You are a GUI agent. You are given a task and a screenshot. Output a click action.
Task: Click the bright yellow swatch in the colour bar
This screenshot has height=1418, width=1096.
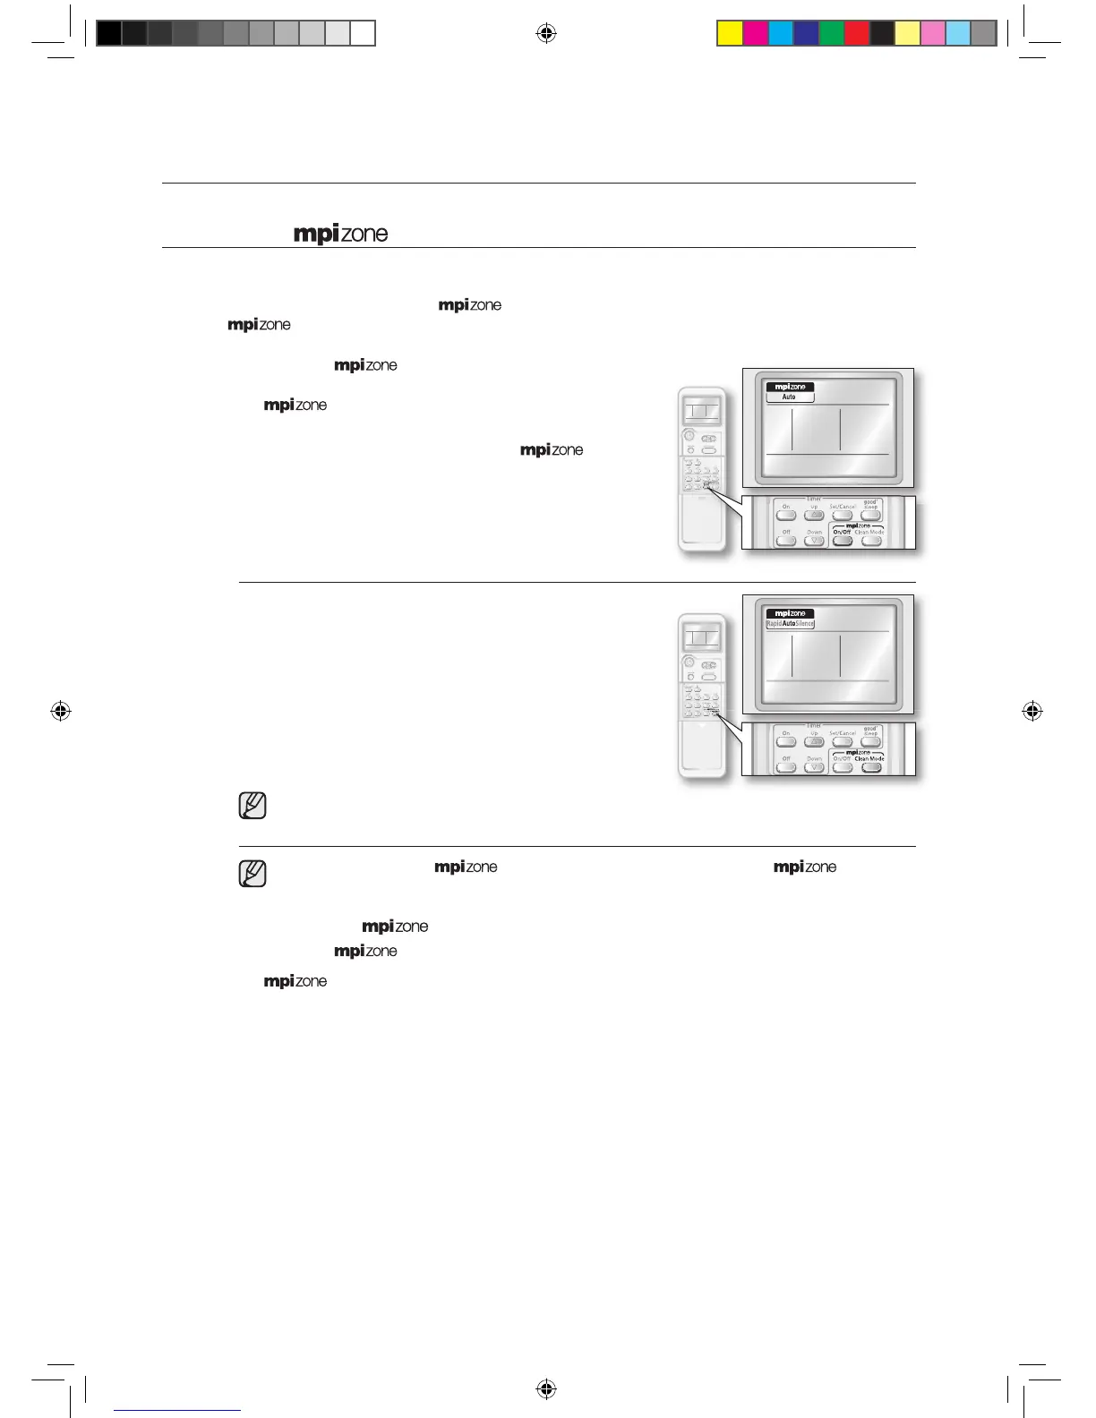click(x=730, y=33)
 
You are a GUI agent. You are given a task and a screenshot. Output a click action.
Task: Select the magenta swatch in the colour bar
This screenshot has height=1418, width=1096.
click(x=755, y=33)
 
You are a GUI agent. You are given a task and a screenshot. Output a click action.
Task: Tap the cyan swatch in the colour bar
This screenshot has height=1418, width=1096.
click(x=780, y=33)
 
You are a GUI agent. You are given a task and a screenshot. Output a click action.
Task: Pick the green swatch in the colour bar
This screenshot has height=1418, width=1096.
click(x=831, y=33)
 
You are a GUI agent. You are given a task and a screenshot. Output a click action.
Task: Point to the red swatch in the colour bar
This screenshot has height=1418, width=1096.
click(x=856, y=33)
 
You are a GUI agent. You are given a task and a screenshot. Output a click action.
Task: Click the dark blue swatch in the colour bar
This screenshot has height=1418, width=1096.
click(x=806, y=33)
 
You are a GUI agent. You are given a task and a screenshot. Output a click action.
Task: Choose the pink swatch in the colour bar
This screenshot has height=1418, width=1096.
click(x=932, y=33)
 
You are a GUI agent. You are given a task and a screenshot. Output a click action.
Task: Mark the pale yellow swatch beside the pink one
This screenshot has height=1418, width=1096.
click(x=907, y=33)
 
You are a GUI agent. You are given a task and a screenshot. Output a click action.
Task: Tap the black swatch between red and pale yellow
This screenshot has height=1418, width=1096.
click(x=882, y=33)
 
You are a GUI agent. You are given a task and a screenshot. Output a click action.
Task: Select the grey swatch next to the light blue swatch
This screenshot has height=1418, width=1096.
click(x=983, y=33)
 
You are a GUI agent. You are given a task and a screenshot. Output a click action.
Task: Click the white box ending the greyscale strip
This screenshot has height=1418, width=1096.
click(x=363, y=33)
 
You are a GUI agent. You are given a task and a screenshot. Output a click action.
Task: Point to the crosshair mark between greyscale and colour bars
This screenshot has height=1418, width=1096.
click(x=546, y=34)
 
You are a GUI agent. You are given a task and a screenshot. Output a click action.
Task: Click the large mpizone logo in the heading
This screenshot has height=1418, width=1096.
click(x=341, y=234)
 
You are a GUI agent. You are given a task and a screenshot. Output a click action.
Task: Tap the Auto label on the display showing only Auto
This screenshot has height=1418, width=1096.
click(x=789, y=397)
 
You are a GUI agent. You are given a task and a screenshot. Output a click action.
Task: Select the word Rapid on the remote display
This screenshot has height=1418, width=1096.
click(x=774, y=623)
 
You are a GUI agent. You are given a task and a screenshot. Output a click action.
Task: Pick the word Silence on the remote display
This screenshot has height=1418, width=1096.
click(x=805, y=623)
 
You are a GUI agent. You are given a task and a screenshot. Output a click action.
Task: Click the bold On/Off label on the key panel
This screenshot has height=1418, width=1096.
click(x=842, y=532)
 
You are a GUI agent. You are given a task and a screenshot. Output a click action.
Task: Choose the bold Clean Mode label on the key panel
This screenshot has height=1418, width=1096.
click(x=869, y=758)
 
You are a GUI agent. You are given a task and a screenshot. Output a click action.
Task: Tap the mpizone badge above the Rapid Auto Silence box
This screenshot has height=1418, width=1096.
click(x=790, y=613)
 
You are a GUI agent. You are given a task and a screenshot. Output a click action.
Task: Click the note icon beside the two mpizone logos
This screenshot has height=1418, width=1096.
click(x=253, y=873)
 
